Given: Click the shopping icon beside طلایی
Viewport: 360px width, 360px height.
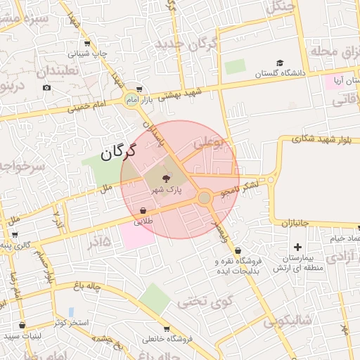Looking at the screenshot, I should tap(143, 210).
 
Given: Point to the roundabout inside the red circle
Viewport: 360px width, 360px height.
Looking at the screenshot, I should tap(205, 198).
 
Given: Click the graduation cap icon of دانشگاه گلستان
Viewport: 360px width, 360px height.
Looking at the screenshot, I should tap(280, 63).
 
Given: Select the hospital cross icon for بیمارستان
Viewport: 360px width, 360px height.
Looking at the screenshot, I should tap(297, 247).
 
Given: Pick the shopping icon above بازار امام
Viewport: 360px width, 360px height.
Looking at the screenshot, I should tap(139, 89).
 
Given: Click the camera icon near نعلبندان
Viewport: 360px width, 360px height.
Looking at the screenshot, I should tap(46, 87).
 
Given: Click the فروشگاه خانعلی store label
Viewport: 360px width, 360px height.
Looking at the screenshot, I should tap(167, 339).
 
